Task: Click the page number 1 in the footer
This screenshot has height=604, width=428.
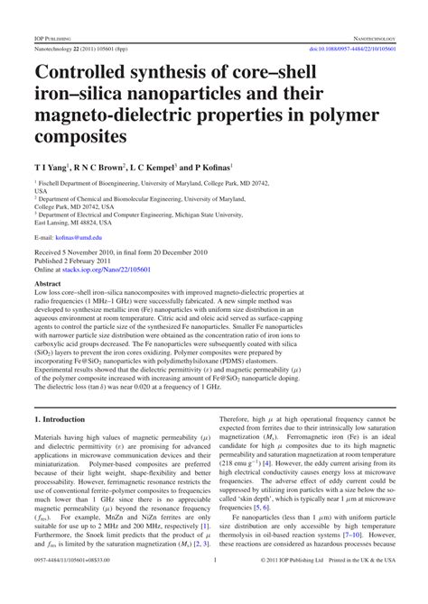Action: point(214,585)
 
